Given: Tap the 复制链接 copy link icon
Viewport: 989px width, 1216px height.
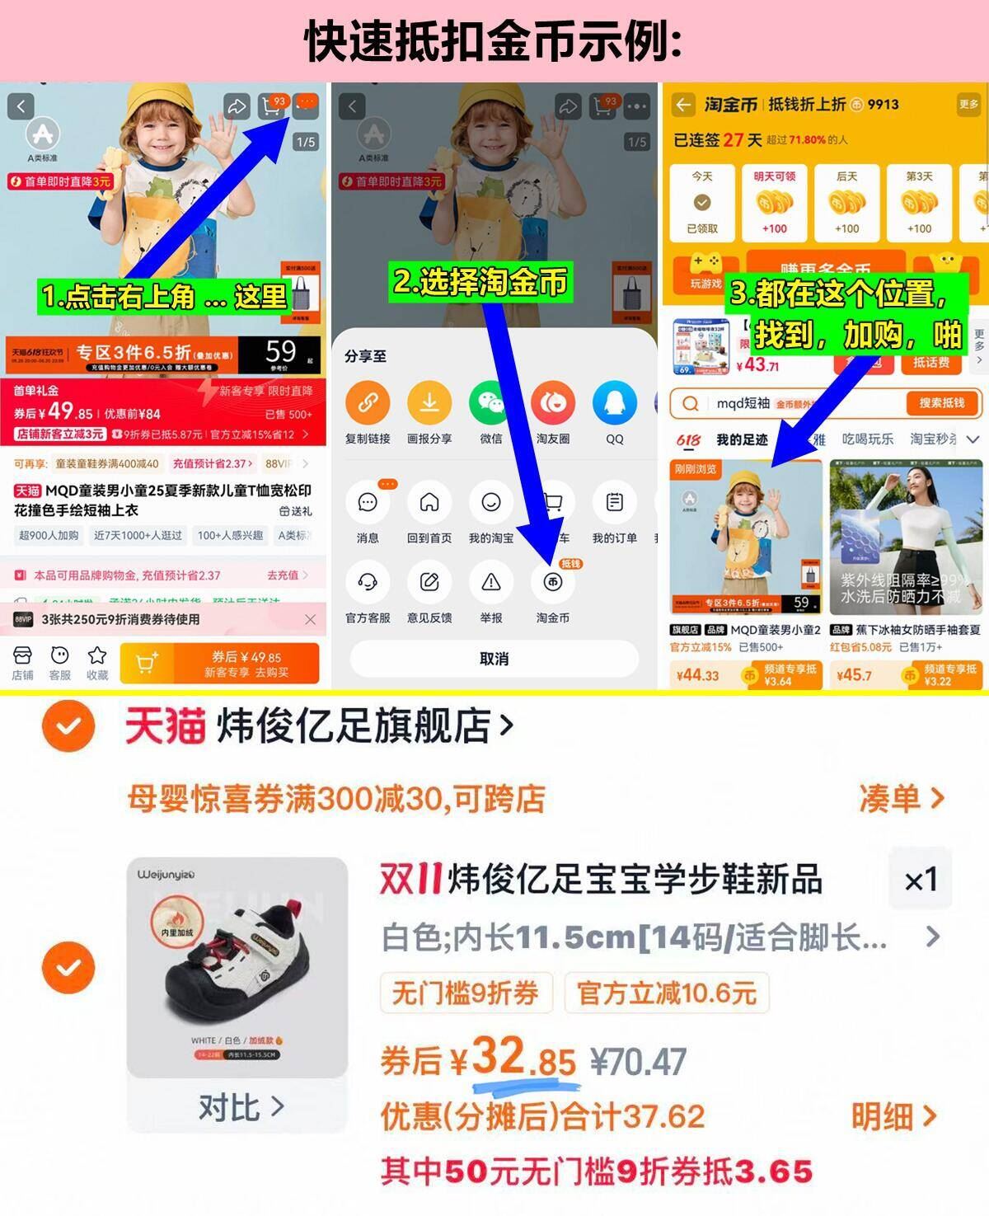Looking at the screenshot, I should [368, 403].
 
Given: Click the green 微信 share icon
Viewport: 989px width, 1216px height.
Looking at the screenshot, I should [491, 403].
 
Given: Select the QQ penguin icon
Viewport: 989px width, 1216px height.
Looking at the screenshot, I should [615, 403].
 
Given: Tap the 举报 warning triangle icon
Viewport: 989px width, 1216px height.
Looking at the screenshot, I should [491, 582].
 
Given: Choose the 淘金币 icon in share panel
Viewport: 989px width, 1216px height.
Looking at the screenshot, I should [552, 582].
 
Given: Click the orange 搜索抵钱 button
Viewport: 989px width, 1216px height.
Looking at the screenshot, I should [940, 403].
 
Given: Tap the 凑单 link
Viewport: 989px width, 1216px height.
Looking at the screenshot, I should [900, 798].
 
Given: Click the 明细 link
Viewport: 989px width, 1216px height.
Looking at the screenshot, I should [893, 1116].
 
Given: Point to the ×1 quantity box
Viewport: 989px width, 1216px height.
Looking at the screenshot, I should [921, 880].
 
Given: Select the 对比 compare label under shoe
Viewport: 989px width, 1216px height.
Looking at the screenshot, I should [239, 1107].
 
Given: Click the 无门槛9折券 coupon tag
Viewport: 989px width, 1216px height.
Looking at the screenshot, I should [466, 993].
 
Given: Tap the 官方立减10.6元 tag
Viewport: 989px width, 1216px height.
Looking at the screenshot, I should [666, 993].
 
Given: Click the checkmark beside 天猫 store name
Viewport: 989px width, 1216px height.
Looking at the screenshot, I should [68, 726].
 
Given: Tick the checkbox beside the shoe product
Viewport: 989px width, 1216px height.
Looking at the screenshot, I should [68, 967].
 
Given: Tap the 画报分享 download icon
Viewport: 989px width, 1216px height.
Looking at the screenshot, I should [429, 403].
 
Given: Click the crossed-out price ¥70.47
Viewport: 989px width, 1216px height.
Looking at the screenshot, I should [639, 1062].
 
